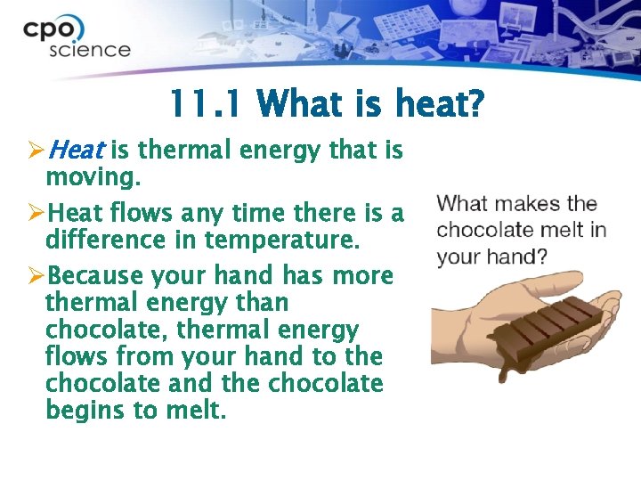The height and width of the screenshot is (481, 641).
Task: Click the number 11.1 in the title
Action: click(x=204, y=106)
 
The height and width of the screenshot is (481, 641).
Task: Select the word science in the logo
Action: click(x=89, y=49)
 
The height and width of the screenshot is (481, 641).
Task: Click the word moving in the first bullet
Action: click(x=91, y=177)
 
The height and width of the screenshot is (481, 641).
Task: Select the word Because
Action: click(x=95, y=276)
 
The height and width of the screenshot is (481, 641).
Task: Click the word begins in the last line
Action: click(x=88, y=411)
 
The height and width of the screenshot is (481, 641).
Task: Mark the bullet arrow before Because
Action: click(x=35, y=276)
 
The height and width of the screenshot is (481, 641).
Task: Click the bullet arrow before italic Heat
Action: click(x=35, y=151)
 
